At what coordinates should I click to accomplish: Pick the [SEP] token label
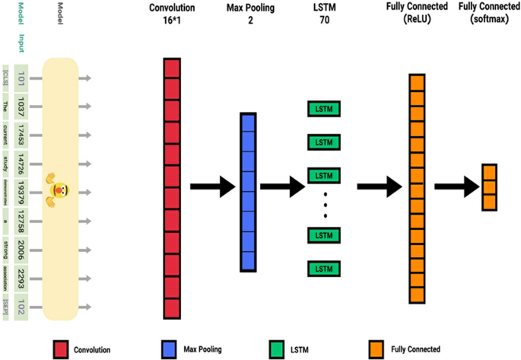click(6, 307)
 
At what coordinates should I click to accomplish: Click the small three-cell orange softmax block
click(489, 186)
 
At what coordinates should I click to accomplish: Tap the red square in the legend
click(62, 349)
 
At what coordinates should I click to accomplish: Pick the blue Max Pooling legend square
click(170, 349)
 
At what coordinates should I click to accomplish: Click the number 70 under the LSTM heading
click(325, 21)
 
